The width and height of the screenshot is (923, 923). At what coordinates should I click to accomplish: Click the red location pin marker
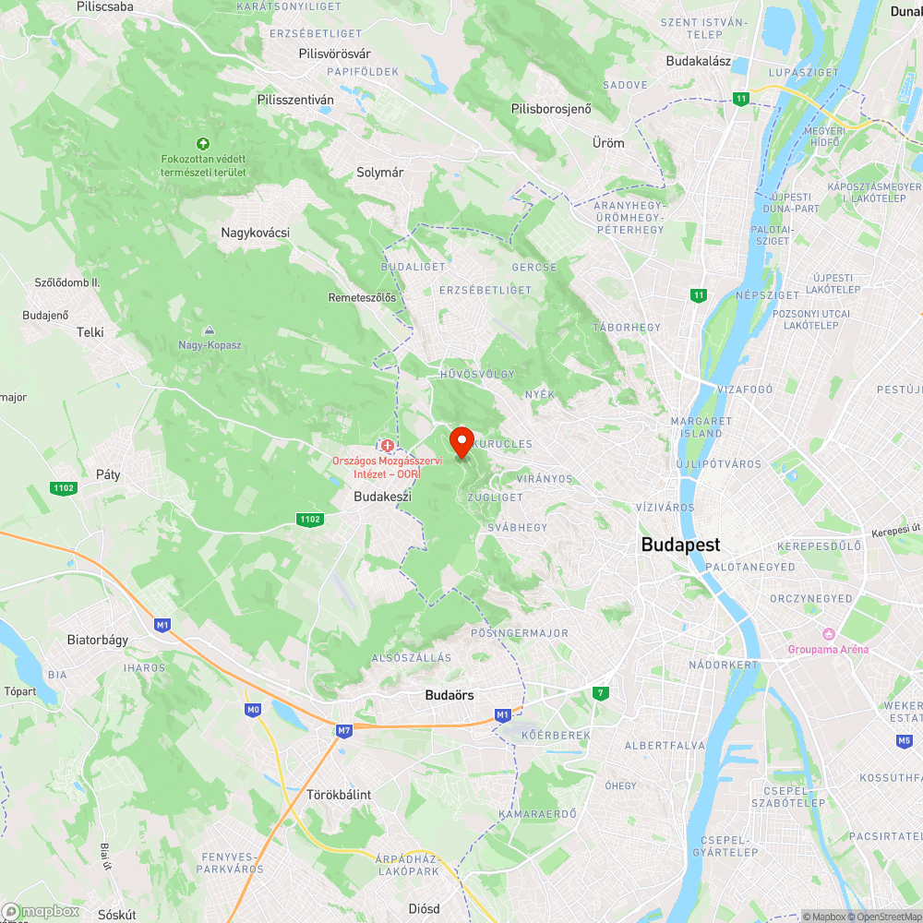[461, 441]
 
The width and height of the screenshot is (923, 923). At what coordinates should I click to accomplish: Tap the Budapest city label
[680, 545]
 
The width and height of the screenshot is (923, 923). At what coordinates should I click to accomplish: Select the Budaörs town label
[450, 694]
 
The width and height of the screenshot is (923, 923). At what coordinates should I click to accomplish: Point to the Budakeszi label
[381, 497]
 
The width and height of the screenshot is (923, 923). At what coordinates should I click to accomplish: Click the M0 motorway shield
[253, 710]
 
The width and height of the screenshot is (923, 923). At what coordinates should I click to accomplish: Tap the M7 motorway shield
[344, 731]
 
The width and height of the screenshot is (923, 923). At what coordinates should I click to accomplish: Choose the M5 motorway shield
[904, 740]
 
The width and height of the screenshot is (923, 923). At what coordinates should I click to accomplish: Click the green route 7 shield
[601, 692]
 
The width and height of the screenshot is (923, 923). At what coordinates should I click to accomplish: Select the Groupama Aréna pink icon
[828, 634]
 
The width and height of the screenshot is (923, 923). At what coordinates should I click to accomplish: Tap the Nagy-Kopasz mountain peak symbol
[210, 330]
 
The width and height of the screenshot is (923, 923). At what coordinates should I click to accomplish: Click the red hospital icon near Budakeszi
[387, 446]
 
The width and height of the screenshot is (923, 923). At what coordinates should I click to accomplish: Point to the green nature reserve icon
[203, 143]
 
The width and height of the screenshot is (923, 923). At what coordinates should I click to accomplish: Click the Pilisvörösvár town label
[334, 54]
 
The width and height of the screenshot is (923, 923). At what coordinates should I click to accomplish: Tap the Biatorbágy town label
[98, 639]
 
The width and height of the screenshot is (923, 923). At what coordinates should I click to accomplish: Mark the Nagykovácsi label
[255, 233]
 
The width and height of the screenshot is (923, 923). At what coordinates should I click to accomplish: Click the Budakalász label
[699, 62]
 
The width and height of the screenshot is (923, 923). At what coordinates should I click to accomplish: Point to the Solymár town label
[380, 172]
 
